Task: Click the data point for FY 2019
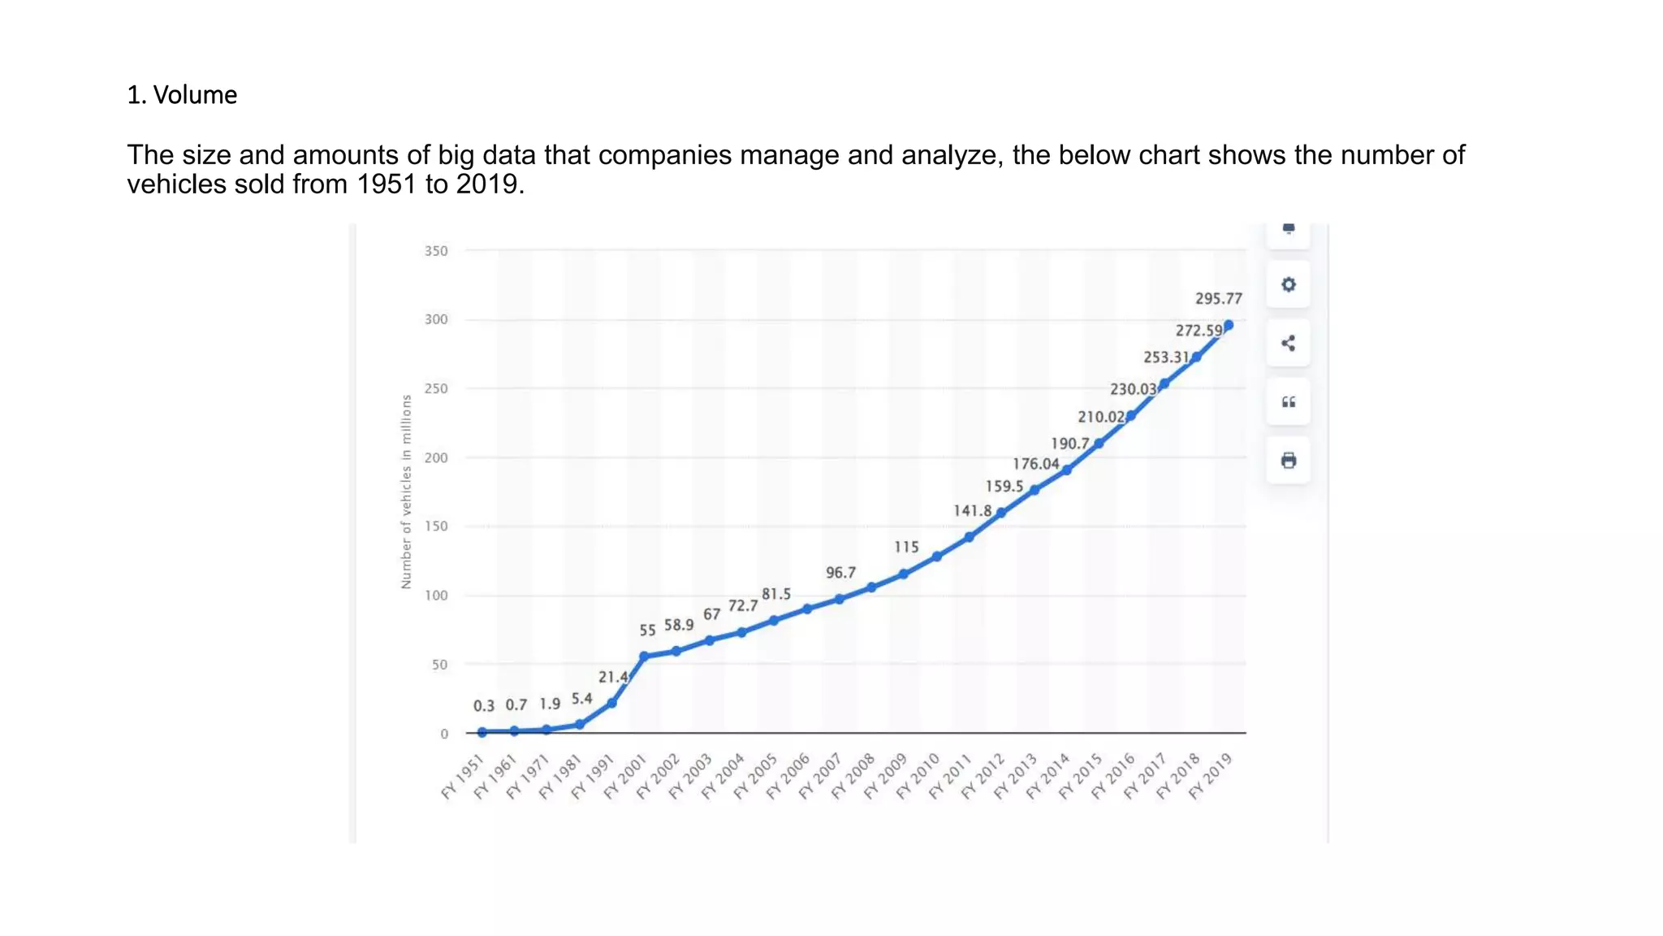1228,325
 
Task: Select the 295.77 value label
1218,298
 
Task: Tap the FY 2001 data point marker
644,656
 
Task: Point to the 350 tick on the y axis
436,251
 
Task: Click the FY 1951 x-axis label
463,777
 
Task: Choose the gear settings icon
1288,284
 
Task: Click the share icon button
1288,343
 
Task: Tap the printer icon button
1288,461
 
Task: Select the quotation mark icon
1288,402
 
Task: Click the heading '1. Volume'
182,95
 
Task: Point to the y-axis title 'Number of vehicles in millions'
406,492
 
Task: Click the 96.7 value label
840,573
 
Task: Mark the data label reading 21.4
613,677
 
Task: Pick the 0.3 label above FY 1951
484,706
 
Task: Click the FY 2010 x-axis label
918,777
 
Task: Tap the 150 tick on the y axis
436,526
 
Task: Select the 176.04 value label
1035,464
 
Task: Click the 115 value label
906,547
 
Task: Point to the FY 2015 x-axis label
1080,777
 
